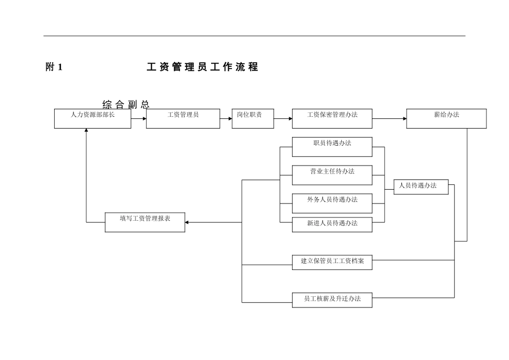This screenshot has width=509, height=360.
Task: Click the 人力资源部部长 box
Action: [93, 118]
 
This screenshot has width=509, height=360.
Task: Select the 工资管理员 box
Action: [183, 118]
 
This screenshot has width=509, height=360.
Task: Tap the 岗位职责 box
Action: [252, 118]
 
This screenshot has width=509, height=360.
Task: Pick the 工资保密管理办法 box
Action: [332, 118]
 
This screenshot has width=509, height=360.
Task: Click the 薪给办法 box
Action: [446, 118]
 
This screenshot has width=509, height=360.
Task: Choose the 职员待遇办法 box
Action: [332, 147]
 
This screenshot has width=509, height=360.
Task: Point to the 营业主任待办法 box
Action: [332, 175]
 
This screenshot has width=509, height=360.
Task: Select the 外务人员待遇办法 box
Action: [332, 203]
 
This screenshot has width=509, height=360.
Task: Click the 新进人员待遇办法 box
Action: [332, 224]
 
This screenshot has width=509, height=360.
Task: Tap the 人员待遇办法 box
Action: [421, 186]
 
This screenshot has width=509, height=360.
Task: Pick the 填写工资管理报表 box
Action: [145, 222]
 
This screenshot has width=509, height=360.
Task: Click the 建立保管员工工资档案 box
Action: [332, 262]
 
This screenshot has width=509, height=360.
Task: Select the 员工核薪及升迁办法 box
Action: [332, 299]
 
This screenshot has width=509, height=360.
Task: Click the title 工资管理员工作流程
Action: [202, 67]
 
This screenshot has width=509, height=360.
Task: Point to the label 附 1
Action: [54, 67]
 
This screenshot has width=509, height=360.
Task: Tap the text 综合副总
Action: [126, 104]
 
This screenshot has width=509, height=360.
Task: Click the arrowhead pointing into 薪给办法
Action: [403, 118]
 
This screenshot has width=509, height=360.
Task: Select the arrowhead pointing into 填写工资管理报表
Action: [188, 222]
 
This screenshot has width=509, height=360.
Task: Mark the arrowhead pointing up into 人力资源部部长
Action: [86, 131]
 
